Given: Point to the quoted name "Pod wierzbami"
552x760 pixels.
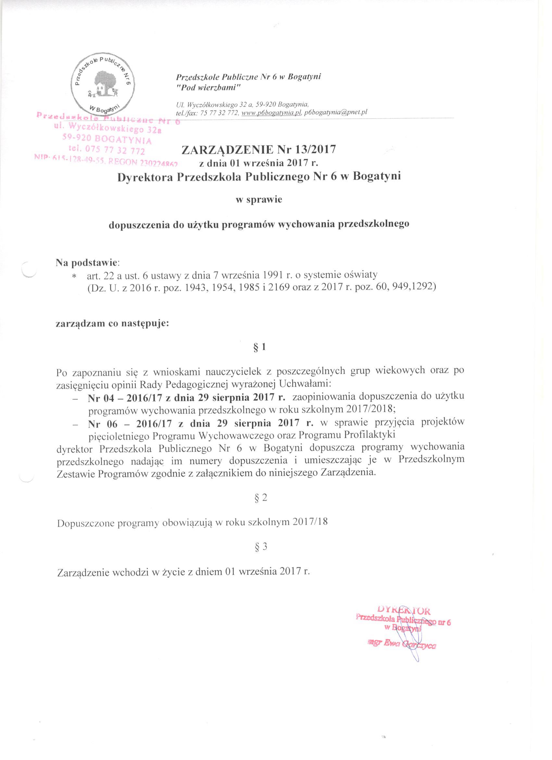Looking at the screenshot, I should coord(208,87).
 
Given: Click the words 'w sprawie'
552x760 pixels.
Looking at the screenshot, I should coord(259,200).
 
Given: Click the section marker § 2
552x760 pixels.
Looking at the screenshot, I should coord(260,498).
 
